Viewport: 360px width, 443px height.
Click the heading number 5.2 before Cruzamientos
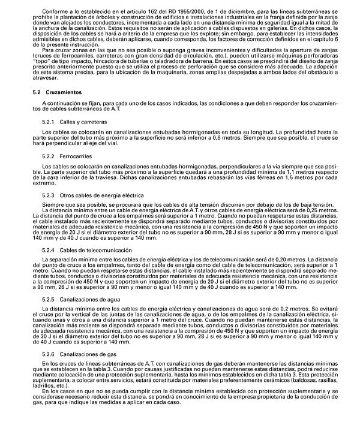37,94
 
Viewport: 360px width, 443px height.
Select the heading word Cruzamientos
62,94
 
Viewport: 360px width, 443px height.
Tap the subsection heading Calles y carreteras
80,121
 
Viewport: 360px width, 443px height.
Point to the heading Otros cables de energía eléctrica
102,196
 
